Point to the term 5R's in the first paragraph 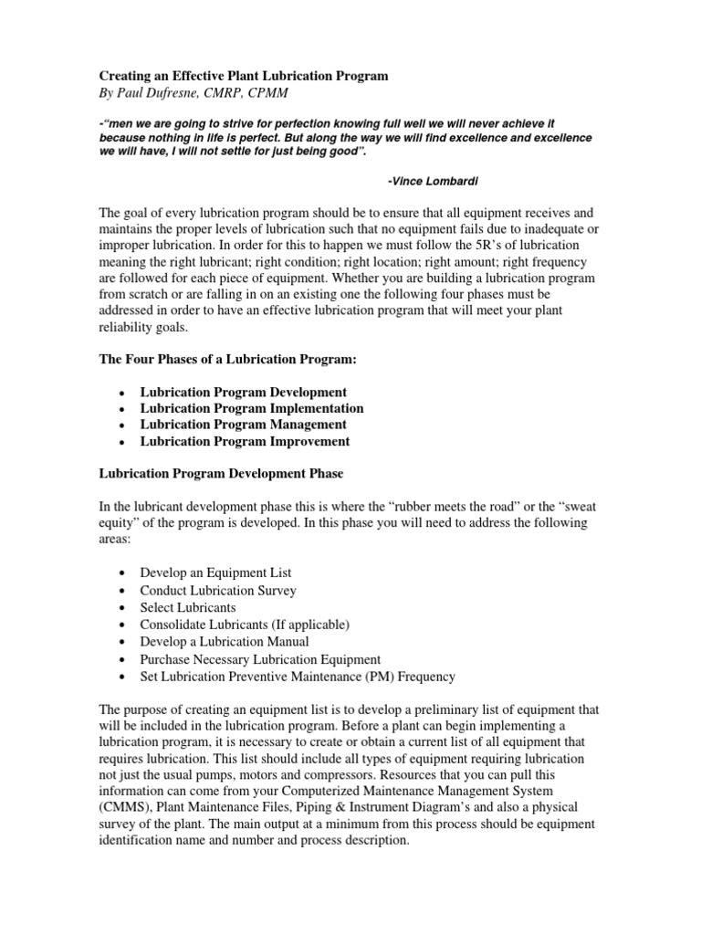point(516,247)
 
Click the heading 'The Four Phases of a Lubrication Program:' point(226,361)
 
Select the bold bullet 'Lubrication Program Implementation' point(251,408)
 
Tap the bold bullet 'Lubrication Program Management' point(243,425)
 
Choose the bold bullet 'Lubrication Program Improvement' point(245,441)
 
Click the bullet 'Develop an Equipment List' point(215,573)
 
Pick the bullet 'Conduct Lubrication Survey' point(217,590)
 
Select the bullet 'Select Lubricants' point(187,607)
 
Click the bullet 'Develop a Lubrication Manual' point(225,642)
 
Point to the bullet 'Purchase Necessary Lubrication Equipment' point(260,659)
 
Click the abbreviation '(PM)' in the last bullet point(364,677)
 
